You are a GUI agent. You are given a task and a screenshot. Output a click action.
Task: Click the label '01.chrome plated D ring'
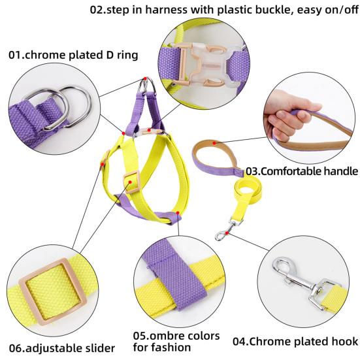(73, 55)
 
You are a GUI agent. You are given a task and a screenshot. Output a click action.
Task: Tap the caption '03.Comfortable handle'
(302, 171)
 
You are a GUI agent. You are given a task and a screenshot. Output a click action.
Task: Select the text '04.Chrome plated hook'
(295, 341)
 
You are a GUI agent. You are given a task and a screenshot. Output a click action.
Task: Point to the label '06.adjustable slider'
(62, 348)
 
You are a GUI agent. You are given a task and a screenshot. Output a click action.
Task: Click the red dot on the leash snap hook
(227, 233)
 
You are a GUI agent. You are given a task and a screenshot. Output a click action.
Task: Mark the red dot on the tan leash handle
(214, 143)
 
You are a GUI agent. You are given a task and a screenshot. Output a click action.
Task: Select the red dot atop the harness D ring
(145, 78)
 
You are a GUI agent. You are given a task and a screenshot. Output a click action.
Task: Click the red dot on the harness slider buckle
(130, 182)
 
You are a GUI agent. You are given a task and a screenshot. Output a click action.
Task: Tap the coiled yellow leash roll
(248, 189)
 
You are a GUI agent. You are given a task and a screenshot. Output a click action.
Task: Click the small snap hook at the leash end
(228, 229)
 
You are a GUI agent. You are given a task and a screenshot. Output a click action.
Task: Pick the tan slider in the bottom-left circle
(53, 291)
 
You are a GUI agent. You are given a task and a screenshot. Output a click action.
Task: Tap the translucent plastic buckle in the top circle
(206, 64)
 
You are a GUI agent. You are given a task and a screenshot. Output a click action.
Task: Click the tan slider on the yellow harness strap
(131, 182)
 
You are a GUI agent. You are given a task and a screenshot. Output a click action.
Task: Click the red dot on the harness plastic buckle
(149, 130)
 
